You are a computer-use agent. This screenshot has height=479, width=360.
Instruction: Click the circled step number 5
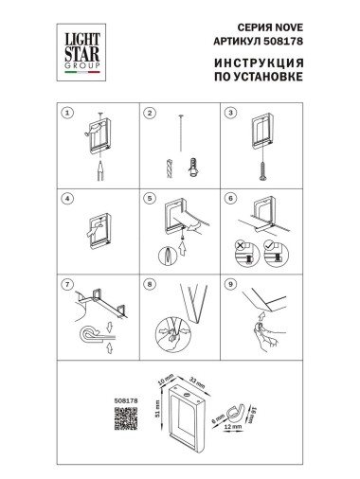(x=149, y=200)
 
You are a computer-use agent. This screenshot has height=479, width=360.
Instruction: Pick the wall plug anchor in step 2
(x=192, y=165)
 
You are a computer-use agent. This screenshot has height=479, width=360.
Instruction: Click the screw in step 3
(x=261, y=167)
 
